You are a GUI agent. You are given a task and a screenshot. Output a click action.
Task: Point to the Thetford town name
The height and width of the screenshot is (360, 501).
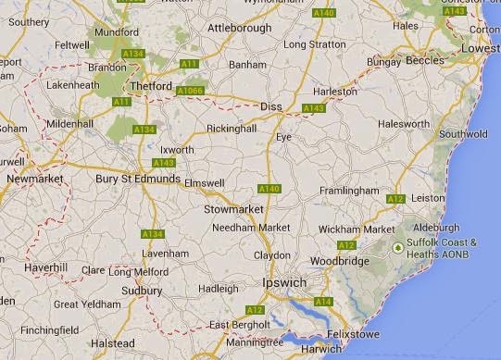(152, 86)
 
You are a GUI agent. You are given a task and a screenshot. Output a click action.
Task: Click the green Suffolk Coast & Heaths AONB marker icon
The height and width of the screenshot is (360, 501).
(399, 247)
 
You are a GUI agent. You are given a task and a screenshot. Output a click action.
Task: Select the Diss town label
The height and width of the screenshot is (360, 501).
(271, 106)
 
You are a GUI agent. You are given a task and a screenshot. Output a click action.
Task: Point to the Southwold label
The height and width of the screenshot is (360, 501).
(464, 134)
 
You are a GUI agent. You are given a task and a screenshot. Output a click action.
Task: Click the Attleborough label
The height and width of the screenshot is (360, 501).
(240, 28)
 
